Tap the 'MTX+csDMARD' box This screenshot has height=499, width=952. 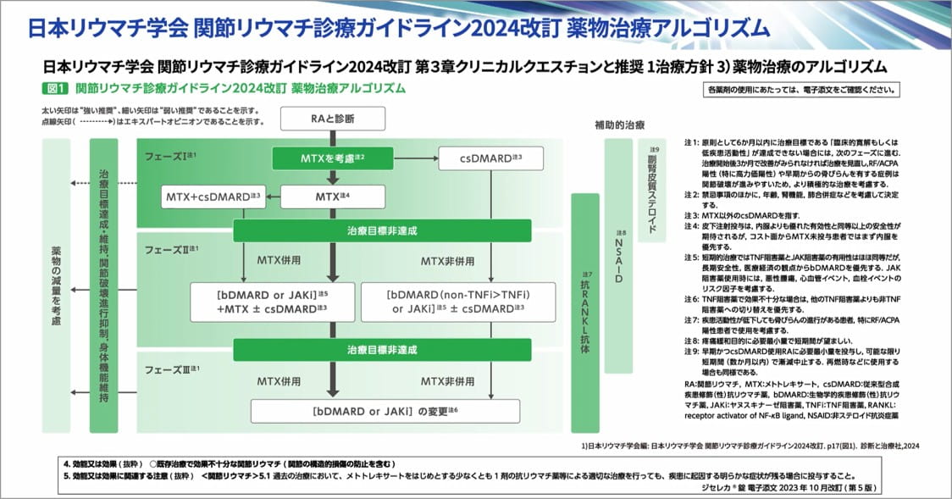213,197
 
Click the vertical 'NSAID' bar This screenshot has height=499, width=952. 619,254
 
